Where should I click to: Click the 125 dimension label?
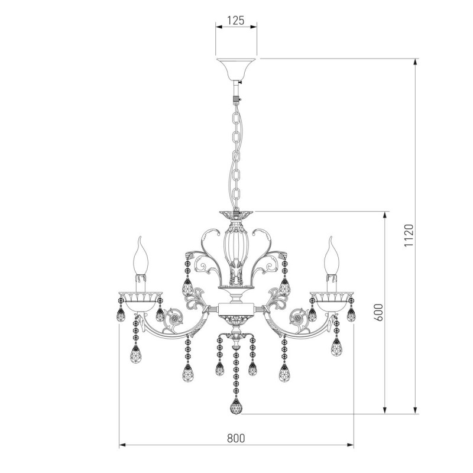pos(235,21)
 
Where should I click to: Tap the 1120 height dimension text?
pos(409,235)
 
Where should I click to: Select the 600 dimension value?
pos(379,312)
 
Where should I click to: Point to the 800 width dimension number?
pos(236,438)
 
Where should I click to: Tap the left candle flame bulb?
pos(141,256)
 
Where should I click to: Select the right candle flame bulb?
pos(332,256)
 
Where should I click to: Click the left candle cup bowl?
pos(140,301)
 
